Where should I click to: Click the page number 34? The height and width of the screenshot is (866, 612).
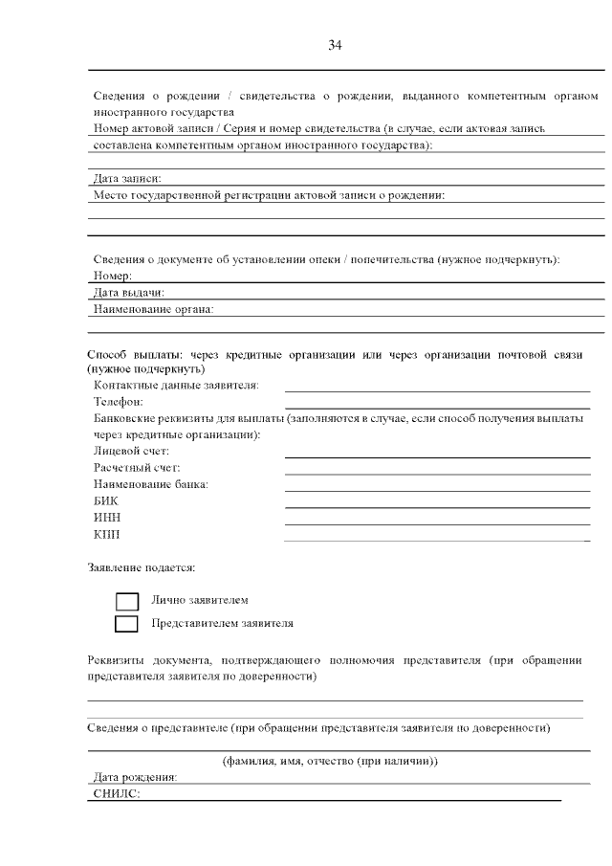335,44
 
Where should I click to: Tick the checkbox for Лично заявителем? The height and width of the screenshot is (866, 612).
127,601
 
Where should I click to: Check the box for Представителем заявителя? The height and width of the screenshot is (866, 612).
127,624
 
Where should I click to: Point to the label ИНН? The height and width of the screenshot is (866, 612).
106,518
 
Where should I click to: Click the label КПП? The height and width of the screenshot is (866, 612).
106,534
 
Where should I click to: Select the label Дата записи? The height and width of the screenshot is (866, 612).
126,178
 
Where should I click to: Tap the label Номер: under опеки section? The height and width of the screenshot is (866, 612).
112,276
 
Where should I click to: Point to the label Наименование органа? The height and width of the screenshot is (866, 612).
153,309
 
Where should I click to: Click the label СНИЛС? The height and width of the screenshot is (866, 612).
117,794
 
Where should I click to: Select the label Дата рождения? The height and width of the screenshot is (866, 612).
135,777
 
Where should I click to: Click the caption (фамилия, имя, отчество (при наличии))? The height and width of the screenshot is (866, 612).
330,761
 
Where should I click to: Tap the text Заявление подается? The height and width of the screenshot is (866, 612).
142,567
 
